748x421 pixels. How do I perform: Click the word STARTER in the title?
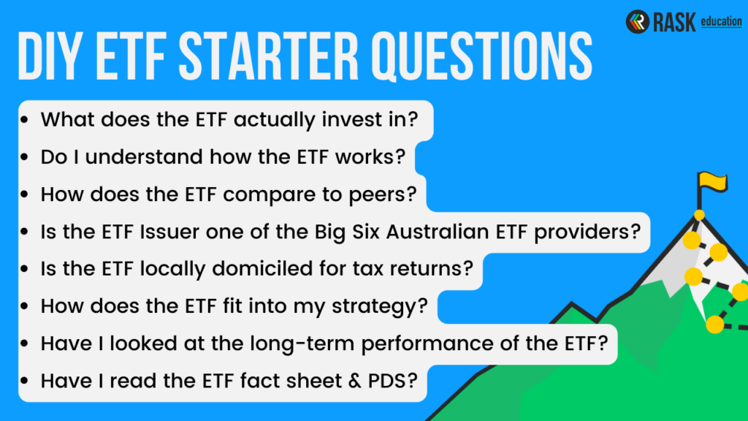click(269, 56)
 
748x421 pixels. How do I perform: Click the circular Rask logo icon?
click(637, 21)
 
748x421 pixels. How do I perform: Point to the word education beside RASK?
click(721, 21)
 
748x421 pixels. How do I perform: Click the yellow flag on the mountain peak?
click(712, 183)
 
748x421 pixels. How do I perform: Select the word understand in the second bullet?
click(144, 157)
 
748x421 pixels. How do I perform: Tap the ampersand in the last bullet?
click(354, 381)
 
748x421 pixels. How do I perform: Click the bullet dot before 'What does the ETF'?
click(25, 121)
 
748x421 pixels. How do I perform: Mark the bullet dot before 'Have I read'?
click(25, 382)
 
